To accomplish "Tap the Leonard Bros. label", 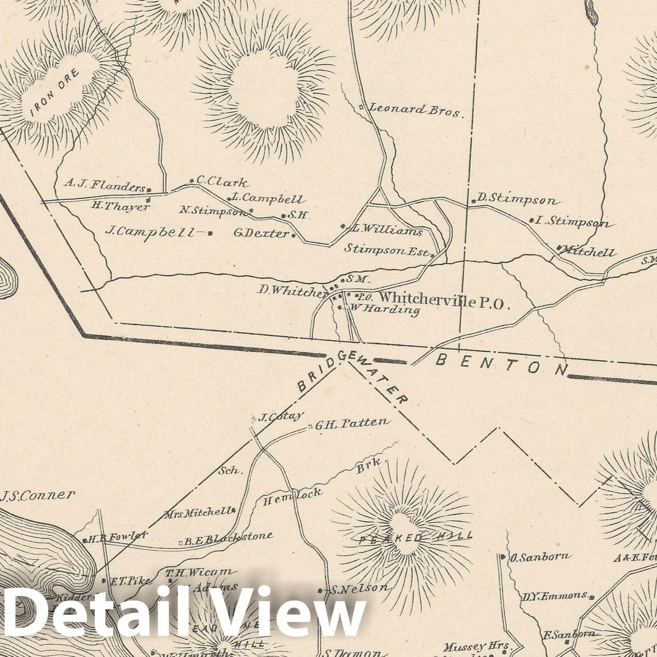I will tap(415, 110).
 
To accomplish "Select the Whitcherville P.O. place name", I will tap(445, 301).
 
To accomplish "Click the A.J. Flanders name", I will tap(104, 185).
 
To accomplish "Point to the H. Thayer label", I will tap(120, 206).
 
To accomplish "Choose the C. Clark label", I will tap(221, 182).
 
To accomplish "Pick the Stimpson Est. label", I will tap(387, 249).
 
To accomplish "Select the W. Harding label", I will tap(384, 309).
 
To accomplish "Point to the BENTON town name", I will tap(502, 364).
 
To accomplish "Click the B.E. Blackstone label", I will tap(228, 538).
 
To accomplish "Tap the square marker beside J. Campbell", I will tap(210, 233).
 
